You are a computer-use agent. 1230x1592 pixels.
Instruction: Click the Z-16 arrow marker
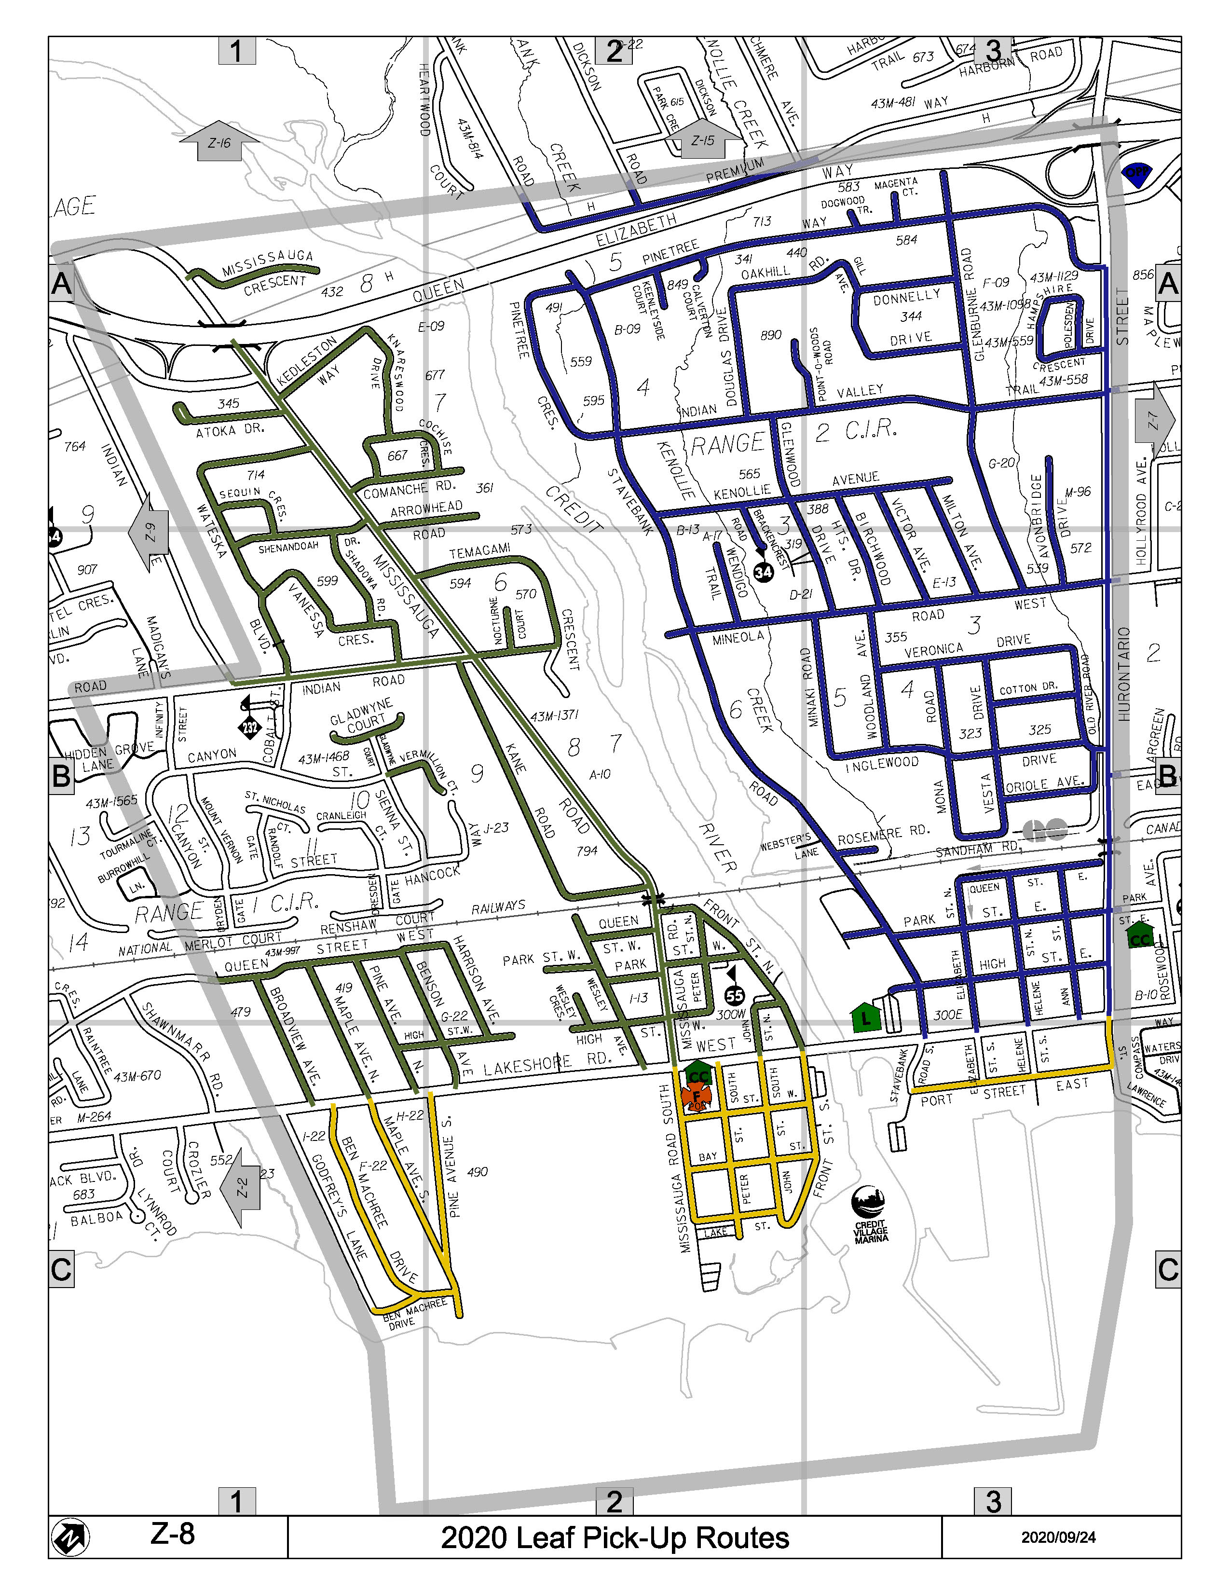point(219,142)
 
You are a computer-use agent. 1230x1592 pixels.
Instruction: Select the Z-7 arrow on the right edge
point(1155,420)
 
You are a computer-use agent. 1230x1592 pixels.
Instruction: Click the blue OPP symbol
point(1135,174)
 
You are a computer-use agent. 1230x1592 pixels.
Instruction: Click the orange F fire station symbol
point(697,1095)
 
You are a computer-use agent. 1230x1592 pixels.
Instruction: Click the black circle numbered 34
point(763,572)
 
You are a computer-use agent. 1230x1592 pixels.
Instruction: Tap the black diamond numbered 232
point(250,726)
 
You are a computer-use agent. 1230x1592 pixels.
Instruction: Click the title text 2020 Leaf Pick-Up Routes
point(614,1538)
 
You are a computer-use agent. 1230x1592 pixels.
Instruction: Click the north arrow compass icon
point(71,1538)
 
